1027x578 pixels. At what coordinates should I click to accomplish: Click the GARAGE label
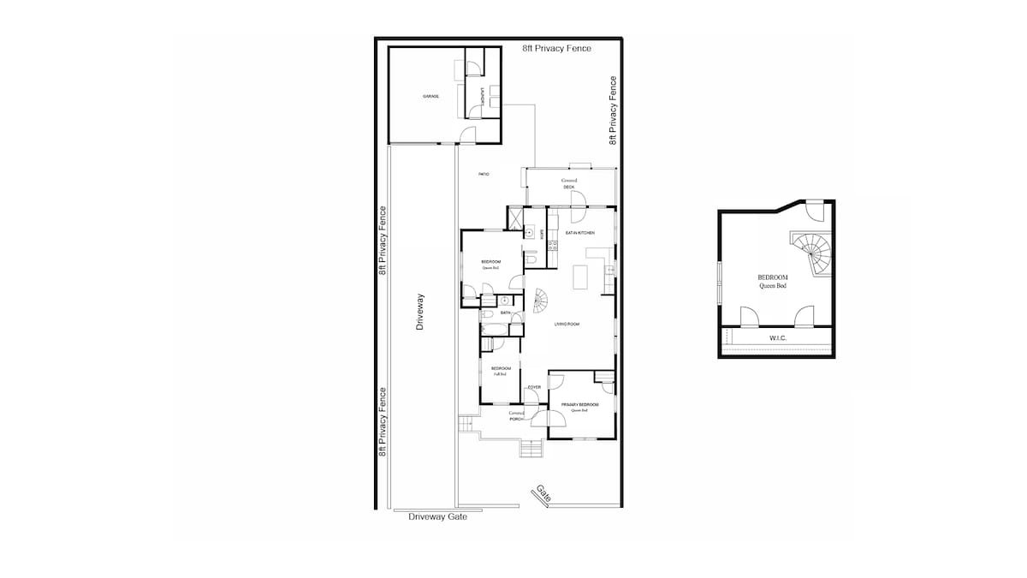tap(430, 96)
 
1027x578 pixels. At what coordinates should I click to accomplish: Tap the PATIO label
tap(484, 175)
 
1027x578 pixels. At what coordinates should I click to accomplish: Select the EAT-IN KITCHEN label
tap(579, 233)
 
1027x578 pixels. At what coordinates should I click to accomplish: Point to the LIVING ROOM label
tap(567, 324)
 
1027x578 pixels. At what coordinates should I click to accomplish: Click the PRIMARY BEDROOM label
tap(579, 404)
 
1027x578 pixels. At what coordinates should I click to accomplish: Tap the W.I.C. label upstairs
tap(777, 339)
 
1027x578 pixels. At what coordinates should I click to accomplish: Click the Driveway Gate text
tap(437, 516)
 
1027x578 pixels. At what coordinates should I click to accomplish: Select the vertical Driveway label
tap(420, 313)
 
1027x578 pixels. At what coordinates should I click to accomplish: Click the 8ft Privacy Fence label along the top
tap(556, 49)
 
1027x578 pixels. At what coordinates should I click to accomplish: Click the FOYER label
tap(534, 387)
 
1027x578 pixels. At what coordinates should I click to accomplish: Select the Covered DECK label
tap(569, 183)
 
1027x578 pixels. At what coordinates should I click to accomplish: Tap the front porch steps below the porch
tap(531, 450)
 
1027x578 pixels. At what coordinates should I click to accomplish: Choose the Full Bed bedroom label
tap(501, 371)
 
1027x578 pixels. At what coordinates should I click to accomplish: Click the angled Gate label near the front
tap(543, 493)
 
